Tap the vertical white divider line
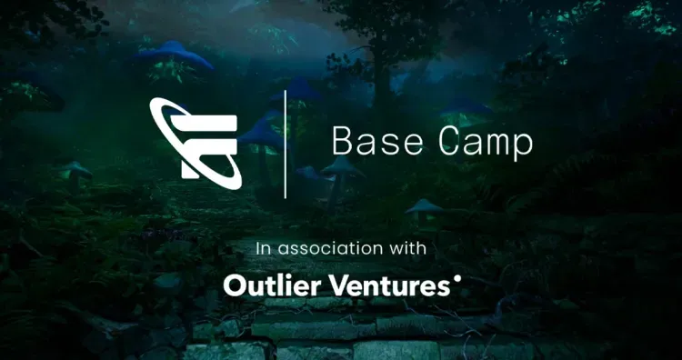286,144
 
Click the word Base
369,142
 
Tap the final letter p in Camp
523,145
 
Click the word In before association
264,247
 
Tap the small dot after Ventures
456,280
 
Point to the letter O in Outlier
233,285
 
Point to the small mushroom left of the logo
76,170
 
